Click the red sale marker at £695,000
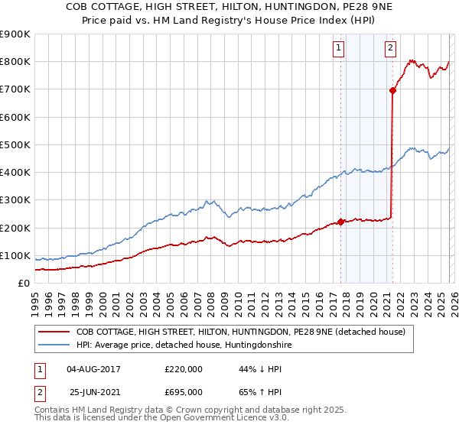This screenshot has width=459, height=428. [x=392, y=90]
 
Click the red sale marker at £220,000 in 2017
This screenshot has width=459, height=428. [x=340, y=222]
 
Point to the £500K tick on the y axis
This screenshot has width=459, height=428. [x=15, y=144]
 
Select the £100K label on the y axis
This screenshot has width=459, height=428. [x=15, y=255]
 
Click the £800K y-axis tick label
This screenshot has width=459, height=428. [x=15, y=62]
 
